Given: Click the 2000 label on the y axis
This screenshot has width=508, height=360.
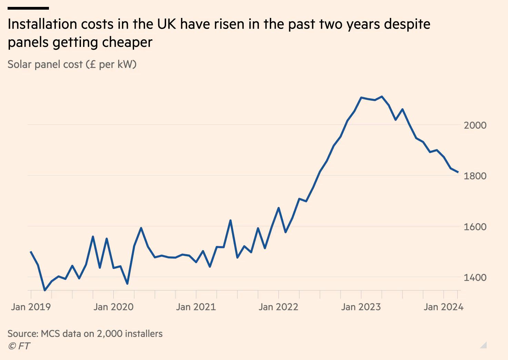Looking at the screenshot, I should pos(475,125).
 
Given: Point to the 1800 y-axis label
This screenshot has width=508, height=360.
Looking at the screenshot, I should pos(475,176).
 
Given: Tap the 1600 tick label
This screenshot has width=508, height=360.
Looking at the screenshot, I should pos(475,227).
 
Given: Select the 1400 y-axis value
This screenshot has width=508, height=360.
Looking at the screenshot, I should pos(475,278).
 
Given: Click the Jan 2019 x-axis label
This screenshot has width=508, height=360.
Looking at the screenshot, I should pos(31,307).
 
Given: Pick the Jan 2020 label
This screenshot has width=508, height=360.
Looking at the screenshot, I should pos(113,307).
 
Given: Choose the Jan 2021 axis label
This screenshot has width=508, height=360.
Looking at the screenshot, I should pos(196,307).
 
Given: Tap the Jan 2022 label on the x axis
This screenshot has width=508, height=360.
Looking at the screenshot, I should pos(278,307).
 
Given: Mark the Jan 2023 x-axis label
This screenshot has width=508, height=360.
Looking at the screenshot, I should pos(361,307).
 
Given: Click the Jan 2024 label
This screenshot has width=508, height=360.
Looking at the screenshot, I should pos(443,307).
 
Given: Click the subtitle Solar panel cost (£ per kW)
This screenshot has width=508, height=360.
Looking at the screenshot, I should pos(72,64).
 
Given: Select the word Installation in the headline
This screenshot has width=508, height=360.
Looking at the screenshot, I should pos(42,24).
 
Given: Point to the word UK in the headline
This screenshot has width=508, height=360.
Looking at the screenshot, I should pos(166,24).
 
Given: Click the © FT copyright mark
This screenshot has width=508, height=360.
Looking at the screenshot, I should pos(19,346).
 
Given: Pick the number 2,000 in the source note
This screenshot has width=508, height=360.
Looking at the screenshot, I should pos(109,334).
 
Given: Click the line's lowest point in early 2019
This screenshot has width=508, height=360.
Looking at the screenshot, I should pos(45,290).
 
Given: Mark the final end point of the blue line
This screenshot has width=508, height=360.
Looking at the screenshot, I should pos(458,172).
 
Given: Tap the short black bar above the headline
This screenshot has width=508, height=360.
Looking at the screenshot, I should pos(28,8).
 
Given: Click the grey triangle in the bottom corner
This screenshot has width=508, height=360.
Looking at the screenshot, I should pos(484,345).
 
